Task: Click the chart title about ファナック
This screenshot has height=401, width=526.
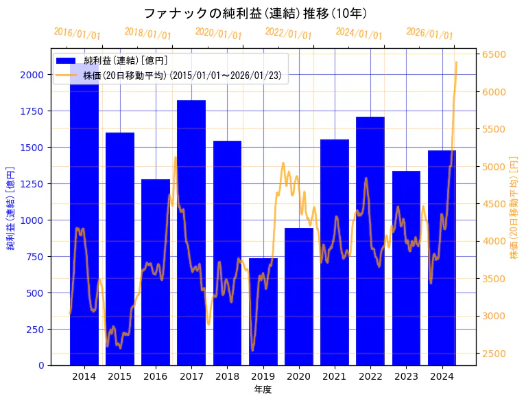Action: pyautogui.click(x=255, y=14)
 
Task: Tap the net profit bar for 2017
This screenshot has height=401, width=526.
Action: pyautogui.click(x=191, y=233)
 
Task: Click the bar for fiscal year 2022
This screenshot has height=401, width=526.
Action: pyautogui.click(x=370, y=240)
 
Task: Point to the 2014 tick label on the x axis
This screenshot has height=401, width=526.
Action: pyautogui.click(x=84, y=376)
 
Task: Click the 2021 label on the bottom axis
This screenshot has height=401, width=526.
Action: pyautogui.click(x=335, y=376)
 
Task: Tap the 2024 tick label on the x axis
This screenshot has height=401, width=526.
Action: pyautogui.click(x=442, y=376)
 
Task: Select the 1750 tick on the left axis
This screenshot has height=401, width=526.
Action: pyautogui.click(x=33, y=111)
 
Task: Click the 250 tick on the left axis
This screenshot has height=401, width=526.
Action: pyautogui.click(x=36, y=329)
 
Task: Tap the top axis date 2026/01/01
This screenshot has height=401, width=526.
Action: pyautogui.click(x=429, y=34)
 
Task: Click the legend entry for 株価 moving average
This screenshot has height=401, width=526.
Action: pyautogui.click(x=182, y=75)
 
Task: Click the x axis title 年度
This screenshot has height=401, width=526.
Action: pyautogui.click(x=263, y=389)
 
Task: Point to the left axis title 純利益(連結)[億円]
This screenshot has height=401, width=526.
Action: pyautogui.click(x=11, y=207)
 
